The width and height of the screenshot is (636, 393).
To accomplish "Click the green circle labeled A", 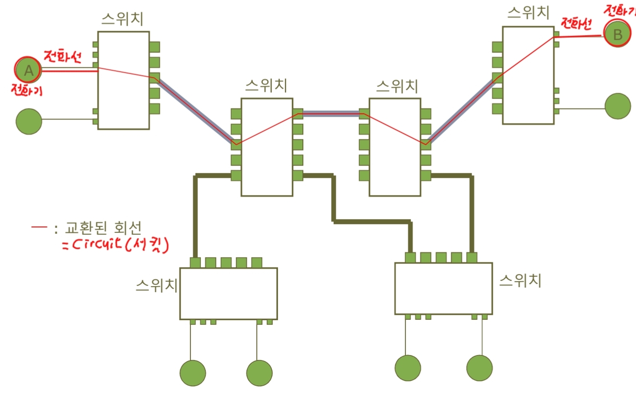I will [x=28, y=71].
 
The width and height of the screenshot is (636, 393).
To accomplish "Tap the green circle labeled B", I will [x=617, y=34].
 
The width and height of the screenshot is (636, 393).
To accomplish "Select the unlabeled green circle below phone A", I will [x=29, y=121].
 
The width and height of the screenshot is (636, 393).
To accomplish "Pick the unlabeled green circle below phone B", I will [x=617, y=106].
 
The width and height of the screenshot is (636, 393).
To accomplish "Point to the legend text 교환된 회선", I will [x=103, y=227].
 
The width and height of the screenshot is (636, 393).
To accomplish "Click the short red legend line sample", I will [x=39, y=227].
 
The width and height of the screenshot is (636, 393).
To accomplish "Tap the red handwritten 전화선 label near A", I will [x=63, y=57].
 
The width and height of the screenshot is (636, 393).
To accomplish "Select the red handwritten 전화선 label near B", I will [x=576, y=23].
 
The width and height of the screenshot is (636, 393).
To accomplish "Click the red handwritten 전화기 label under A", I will [x=27, y=90].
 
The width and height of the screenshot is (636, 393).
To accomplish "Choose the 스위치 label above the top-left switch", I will [x=122, y=19].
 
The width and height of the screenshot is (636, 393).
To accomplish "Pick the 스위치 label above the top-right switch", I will [x=528, y=13].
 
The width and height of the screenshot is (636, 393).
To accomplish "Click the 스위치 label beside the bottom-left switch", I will [x=157, y=285].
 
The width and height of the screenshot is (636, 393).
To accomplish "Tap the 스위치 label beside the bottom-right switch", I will [x=520, y=280].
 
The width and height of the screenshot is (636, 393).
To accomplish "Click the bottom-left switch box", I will [x=228, y=294].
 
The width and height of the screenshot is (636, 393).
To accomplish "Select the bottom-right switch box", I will [x=443, y=289].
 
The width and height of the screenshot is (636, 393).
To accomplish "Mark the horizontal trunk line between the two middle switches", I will [x=331, y=114].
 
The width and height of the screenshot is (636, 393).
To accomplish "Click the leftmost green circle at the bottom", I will [x=193, y=373].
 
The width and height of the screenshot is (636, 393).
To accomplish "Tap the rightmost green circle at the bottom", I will [x=479, y=368].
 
